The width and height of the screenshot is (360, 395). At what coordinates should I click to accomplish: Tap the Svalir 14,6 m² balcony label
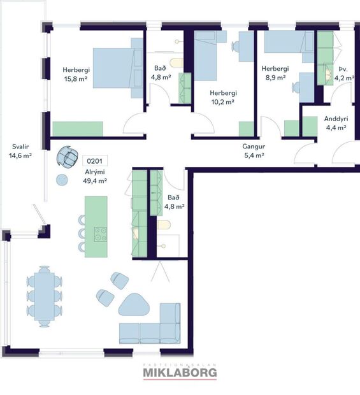pos(20,150)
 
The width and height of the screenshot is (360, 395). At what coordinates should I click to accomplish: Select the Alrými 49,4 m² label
pos(94,176)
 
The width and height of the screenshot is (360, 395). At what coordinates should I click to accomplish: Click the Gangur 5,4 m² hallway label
pos(253,150)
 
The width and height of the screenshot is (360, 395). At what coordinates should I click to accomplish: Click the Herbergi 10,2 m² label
pos(222,96)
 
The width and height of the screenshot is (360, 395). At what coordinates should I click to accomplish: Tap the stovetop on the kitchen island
pos(100,234)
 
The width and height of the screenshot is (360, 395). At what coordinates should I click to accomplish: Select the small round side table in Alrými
pos(62,179)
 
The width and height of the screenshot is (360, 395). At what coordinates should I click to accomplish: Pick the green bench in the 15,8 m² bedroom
pos(78,129)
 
